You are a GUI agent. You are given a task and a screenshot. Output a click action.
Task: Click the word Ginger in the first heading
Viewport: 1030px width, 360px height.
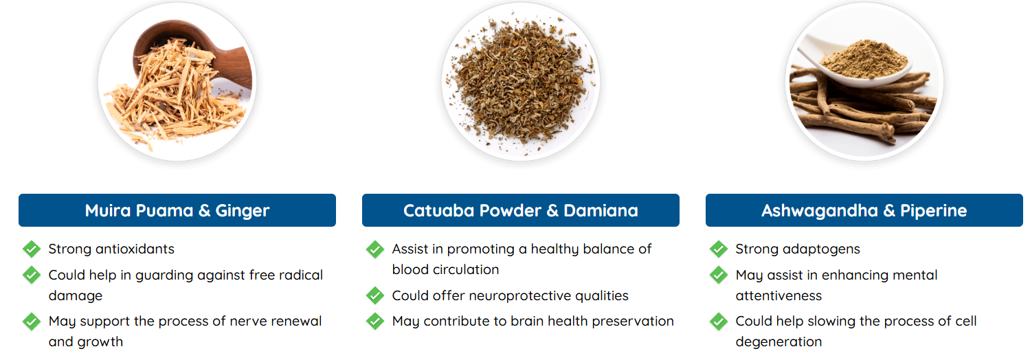pos(243,212)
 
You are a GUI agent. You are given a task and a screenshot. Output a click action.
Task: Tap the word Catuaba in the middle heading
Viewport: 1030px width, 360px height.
pos(438,211)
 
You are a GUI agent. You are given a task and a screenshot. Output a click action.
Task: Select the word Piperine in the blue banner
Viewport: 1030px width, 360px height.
pos(933,212)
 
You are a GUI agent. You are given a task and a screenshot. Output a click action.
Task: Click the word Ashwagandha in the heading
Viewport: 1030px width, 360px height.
pos(820,212)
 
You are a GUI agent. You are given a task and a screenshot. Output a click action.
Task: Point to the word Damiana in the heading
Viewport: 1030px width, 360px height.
pos(601,211)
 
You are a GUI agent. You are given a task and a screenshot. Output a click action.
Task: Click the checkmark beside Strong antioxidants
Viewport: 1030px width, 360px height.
pos(32,249)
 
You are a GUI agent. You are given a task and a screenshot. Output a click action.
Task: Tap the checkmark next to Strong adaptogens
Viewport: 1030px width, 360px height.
pos(718,249)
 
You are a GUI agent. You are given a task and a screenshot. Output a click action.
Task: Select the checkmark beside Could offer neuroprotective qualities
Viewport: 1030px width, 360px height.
pos(374,295)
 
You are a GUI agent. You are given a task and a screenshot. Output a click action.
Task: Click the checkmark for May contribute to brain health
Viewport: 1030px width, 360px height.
pos(374,321)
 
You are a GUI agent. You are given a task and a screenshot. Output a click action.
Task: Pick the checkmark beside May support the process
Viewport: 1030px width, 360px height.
pos(32,321)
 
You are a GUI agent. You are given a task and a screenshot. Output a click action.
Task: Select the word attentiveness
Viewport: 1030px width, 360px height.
pos(779,295)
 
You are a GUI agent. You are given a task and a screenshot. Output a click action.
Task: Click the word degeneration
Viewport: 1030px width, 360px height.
pos(779,341)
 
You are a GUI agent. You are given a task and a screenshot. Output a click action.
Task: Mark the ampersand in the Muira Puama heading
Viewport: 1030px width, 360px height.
pos(204,211)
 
